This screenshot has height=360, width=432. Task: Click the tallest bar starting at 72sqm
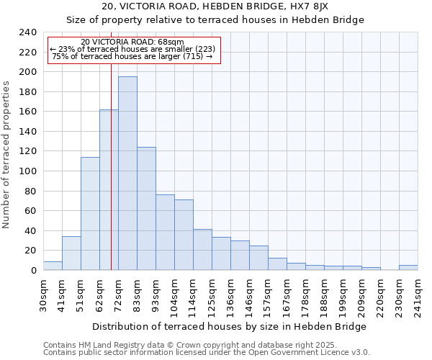pos(127,173)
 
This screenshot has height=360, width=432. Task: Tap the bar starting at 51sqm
pos(90,213)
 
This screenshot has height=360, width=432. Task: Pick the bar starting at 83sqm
pos(146,208)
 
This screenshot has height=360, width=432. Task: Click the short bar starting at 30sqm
pos(53,266)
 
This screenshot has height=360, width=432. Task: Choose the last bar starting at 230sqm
pos(408,267)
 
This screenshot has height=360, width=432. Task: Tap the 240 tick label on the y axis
pos(28,32)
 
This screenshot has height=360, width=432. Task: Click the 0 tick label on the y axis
pos(33,271)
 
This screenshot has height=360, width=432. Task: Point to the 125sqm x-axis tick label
pos(212,295)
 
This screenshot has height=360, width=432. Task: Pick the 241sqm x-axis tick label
pos(418,295)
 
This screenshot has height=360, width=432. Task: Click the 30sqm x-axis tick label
pos(43,295)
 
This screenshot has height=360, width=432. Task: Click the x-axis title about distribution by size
pos(230,326)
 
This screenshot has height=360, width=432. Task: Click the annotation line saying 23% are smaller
pos(132,49)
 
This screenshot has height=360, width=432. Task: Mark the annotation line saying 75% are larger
pos(132,56)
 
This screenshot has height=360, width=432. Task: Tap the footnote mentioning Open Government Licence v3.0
pos(207,353)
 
